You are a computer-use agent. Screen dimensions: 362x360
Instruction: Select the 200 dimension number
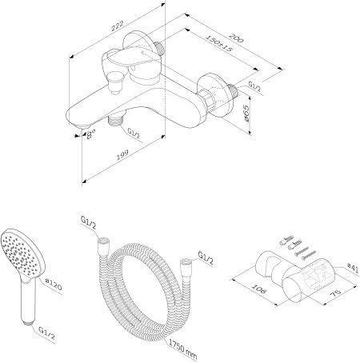(235, 37)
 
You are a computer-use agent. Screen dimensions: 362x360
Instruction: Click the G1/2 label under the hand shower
(46, 329)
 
